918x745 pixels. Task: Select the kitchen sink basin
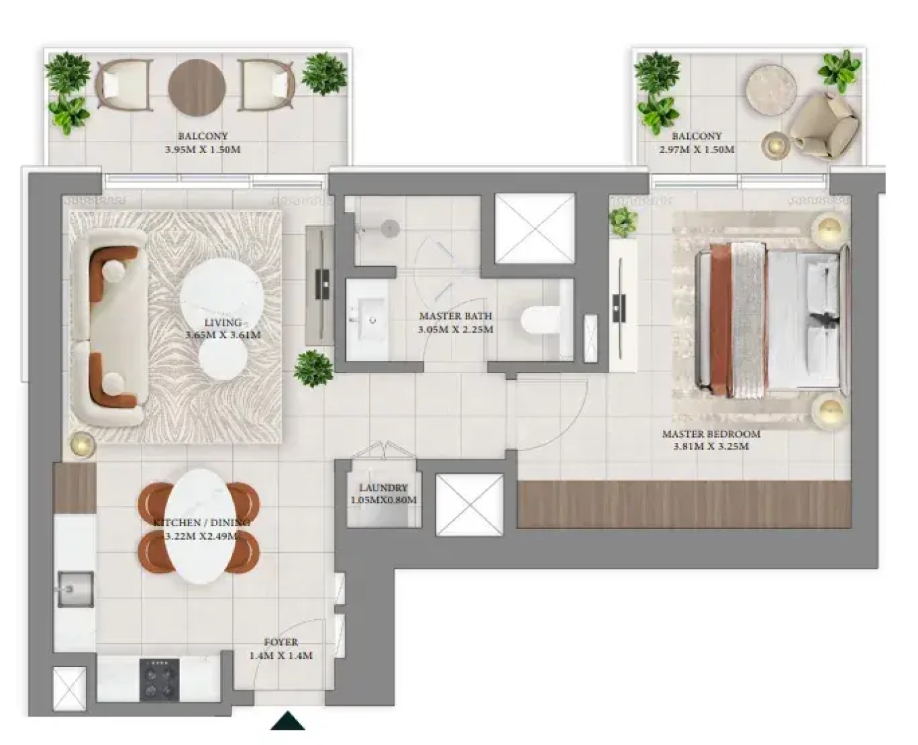(x=76, y=589)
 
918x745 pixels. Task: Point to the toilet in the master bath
(x=540, y=320)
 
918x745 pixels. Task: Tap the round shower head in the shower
(x=390, y=227)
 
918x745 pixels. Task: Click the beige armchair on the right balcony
(x=823, y=125)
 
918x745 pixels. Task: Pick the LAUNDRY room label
(x=383, y=488)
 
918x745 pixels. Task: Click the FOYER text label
(x=281, y=642)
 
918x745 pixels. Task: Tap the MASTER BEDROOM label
(x=711, y=434)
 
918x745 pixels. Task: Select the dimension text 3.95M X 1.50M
(x=202, y=150)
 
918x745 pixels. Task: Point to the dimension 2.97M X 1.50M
(x=697, y=150)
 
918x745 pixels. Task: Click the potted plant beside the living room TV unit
(x=313, y=368)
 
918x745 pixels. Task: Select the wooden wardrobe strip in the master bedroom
(x=684, y=504)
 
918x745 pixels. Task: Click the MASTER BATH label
(x=456, y=316)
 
